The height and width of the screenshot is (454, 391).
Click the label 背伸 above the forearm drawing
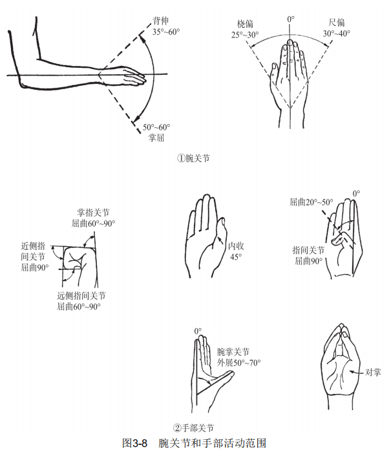pyautogui.click(x=161, y=21)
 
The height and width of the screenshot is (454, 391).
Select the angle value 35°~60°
pyautogui.click(x=166, y=32)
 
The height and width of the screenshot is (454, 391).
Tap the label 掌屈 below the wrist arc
pyautogui.click(x=156, y=138)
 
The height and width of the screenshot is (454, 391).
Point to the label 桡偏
pyautogui.click(x=245, y=24)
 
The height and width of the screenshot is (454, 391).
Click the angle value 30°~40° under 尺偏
pyautogui.click(x=337, y=34)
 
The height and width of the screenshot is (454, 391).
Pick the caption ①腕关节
pyautogui.click(x=193, y=158)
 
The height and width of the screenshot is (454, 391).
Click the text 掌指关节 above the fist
pyautogui.click(x=93, y=212)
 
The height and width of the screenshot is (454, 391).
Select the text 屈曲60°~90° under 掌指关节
pyautogui.click(x=93, y=223)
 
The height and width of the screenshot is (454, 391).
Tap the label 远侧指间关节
pyautogui.click(x=81, y=296)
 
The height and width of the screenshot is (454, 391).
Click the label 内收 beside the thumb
pyautogui.click(x=236, y=246)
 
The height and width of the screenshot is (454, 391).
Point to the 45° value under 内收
pyautogui.click(x=237, y=257)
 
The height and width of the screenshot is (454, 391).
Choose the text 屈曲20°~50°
pyautogui.click(x=312, y=201)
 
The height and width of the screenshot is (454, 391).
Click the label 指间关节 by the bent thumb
pyautogui.click(x=308, y=250)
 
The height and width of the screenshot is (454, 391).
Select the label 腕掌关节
pyautogui.click(x=233, y=352)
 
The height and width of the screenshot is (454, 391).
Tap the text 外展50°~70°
pyautogui.click(x=239, y=362)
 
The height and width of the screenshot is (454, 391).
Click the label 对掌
pyautogui.click(x=373, y=372)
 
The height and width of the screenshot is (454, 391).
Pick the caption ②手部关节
pyautogui.click(x=193, y=428)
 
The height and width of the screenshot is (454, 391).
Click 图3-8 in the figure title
pyautogui.click(x=135, y=443)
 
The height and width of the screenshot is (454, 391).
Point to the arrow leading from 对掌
pyautogui.click(x=357, y=372)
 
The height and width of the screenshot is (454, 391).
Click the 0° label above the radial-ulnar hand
pyautogui.click(x=291, y=19)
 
